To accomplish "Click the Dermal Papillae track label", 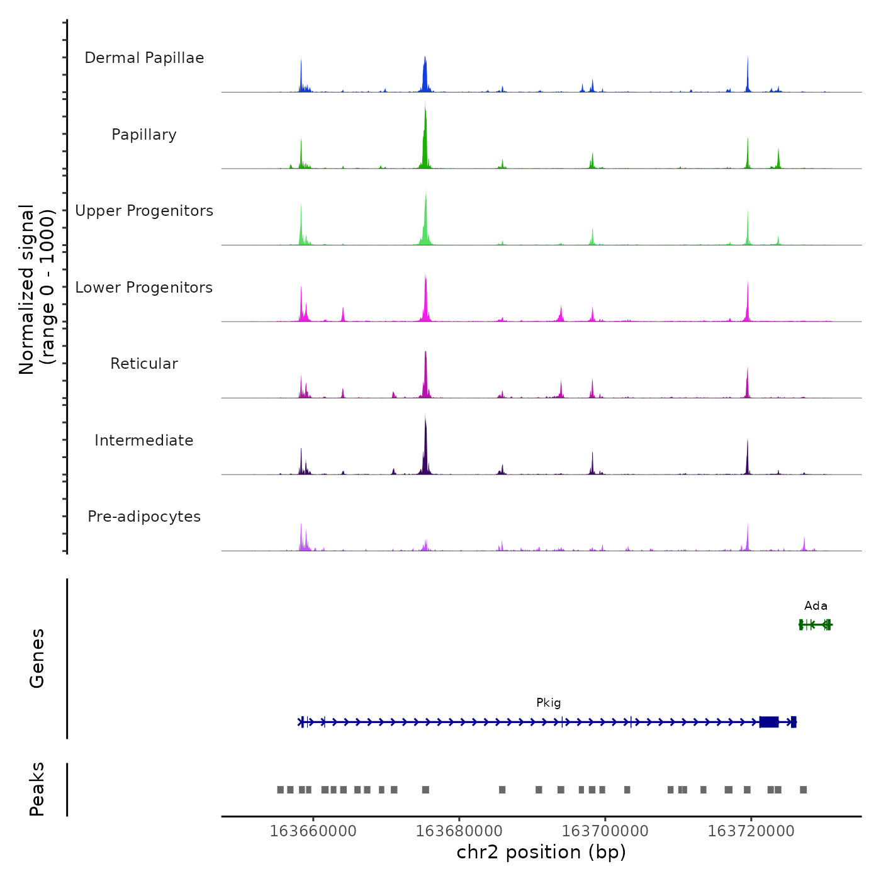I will click(x=144, y=58).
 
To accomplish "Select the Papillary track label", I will click(x=144, y=135).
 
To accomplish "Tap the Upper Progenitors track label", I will click(x=144, y=211).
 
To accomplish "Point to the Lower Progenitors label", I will click(x=144, y=288).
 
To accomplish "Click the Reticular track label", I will click(x=144, y=364).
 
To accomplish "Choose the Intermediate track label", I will click(x=144, y=441).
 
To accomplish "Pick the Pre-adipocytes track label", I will click(x=144, y=517).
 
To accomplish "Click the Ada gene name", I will click(x=816, y=606).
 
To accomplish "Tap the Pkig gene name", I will click(x=548, y=703).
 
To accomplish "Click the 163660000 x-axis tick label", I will click(x=313, y=831).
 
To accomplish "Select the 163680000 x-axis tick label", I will click(x=459, y=831).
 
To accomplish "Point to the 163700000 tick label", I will click(x=605, y=831).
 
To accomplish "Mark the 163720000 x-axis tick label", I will click(x=751, y=831).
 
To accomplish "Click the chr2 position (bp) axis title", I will click(x=541, y=853).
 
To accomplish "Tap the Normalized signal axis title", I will click(x=36, y=289).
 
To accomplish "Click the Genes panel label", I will click(x=37, y=658).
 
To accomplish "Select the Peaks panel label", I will click(x=37, y=789).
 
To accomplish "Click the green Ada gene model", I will click(x=816, y=625).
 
